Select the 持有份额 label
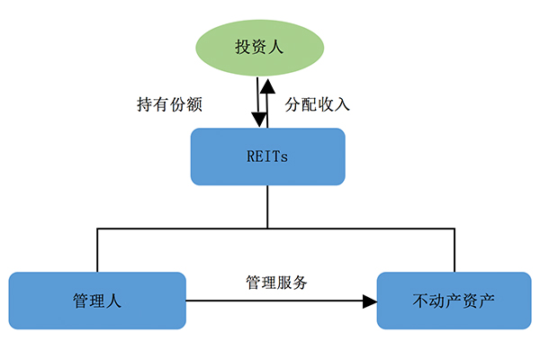click(168, 103)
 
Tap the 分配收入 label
click(317, 103)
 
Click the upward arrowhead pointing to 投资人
click(267, 87)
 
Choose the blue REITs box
click(267, 157)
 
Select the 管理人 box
click(97, 301)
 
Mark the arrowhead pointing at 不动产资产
click(370, 301)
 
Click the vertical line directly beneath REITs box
click(267, 207)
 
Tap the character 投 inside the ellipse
click(244, 46)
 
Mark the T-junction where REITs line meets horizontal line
click(267, 229)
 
